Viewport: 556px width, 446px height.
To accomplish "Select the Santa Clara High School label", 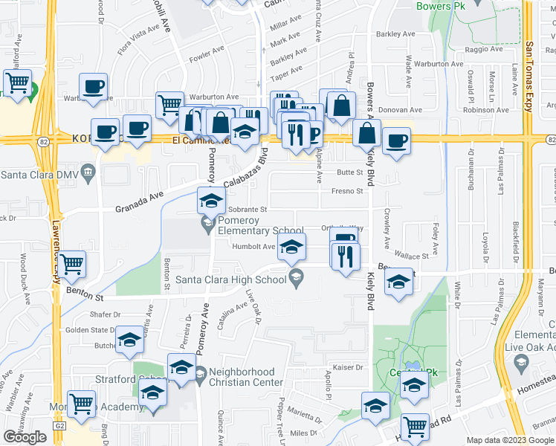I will tap(230, 279).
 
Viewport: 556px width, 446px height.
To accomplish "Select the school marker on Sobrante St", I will tap(211, 201).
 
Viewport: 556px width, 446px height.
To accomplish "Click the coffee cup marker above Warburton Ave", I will tap(94, 86).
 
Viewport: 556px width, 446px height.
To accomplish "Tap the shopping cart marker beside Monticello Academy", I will tap(82, 404).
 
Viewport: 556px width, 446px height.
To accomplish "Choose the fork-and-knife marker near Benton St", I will tap(346, 256).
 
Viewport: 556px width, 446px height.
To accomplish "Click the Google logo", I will tap(25, 437).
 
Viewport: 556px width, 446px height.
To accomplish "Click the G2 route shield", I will tap(60, 426).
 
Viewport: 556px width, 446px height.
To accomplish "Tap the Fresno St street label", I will tap(347, 191).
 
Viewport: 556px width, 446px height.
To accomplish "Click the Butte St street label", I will tap(349, 172).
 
